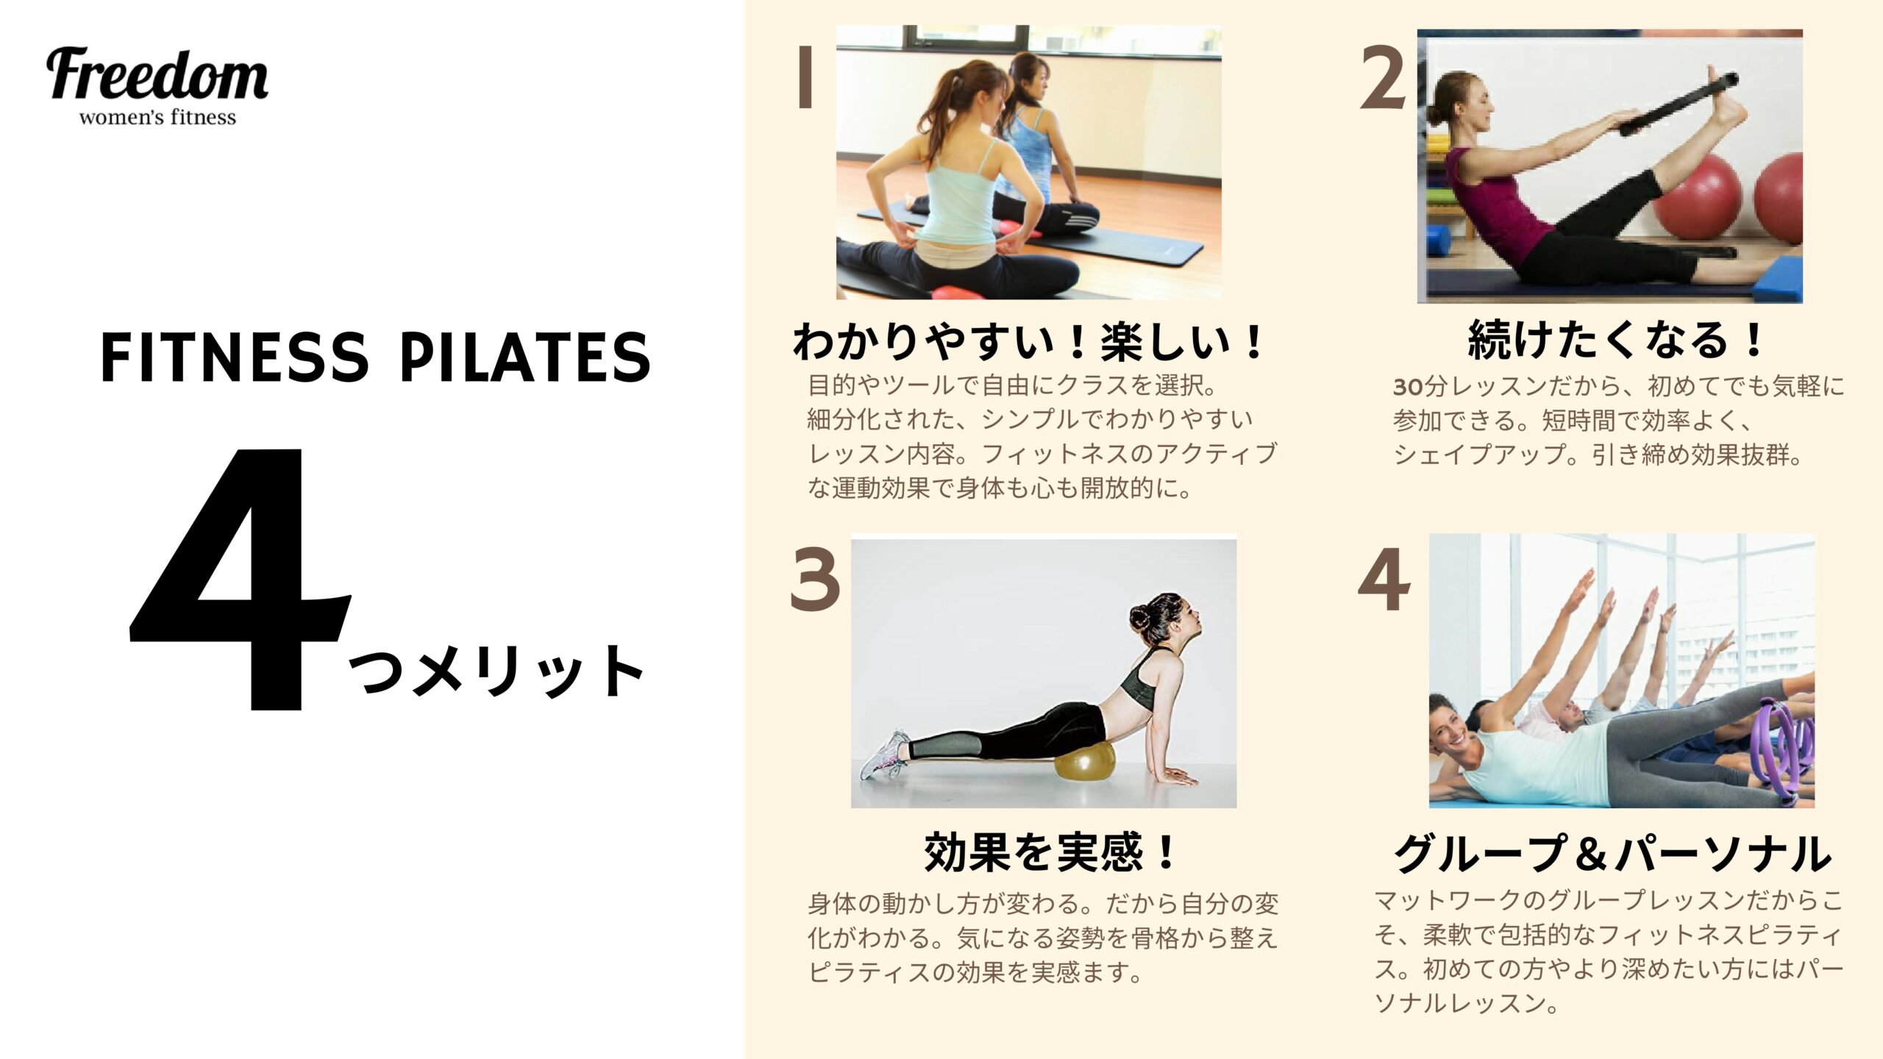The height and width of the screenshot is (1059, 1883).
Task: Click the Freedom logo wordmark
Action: [x=157, y=75]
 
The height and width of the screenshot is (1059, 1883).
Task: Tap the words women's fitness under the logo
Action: [x=157, y=118]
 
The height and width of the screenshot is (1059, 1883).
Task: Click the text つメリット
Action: [x=496, y=671]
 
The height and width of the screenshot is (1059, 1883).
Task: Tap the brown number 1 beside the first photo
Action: [x=805, y=77]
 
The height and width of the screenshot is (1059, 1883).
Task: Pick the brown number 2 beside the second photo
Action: [x=1384, y=77]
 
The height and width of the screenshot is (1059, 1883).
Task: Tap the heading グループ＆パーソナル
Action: [x=1612, y=853]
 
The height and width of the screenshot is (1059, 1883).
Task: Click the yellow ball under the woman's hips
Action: [x=1085, y=763]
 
